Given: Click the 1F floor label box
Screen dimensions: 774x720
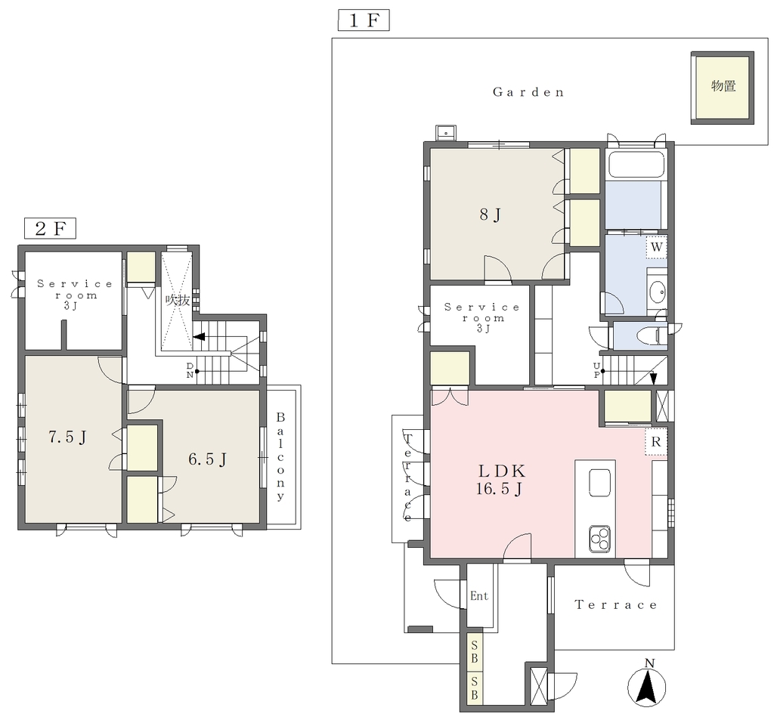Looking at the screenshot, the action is click(x=364, y=20).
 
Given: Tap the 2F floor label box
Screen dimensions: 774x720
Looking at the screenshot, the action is click(x=50, y=228).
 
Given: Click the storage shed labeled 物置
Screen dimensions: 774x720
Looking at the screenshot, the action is click(x=722, y=88).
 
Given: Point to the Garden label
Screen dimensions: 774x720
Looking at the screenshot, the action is click(x=528, y=92).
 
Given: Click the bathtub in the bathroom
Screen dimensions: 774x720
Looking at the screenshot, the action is click(x=636, y=165).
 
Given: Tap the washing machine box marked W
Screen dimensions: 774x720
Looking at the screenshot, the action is click(x=657, y=247).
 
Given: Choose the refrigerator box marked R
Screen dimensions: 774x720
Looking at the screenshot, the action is click(x=656, y=442).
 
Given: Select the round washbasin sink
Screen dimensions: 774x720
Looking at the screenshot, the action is click(x=657, y=292).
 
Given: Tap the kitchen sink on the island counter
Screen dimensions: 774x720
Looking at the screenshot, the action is click(x=599, y=482).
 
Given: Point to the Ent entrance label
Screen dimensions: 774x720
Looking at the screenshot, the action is click(x=478, y=596).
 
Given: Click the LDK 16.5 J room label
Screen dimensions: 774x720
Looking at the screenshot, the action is click(x=500, y=480).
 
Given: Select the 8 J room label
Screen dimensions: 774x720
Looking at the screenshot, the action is click(x=490, y=215).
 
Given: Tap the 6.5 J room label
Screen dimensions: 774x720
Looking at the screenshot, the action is click(x=207, y=459).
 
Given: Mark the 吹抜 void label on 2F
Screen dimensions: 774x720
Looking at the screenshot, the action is click(x=178, y=300).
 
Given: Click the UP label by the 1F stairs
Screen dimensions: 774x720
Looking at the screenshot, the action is click(x=597, y=370).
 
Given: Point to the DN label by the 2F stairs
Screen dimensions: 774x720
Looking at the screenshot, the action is click(x=190, y=369).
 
